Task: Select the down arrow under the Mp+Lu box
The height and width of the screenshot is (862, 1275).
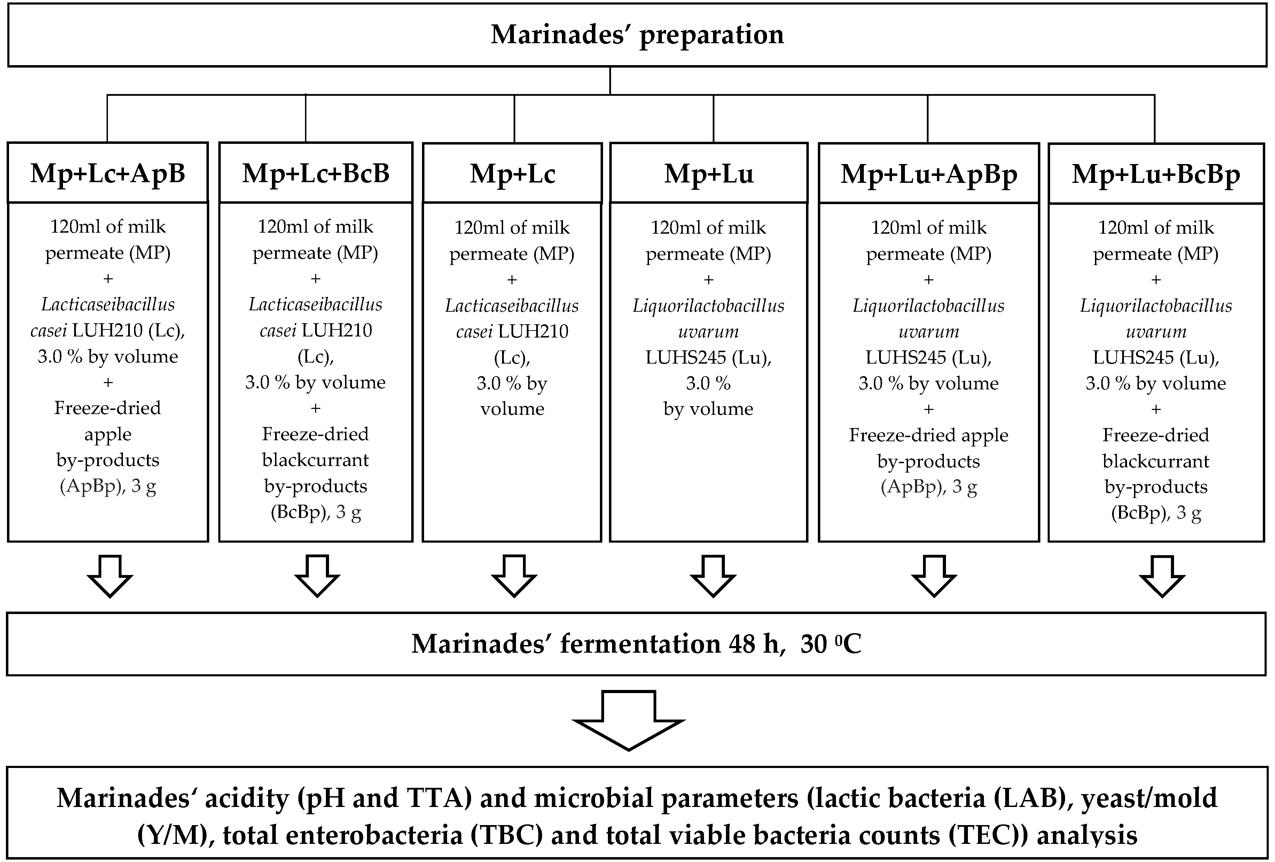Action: pos(713,576)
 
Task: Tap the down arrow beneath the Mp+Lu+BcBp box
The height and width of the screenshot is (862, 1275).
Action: pos(1161,576)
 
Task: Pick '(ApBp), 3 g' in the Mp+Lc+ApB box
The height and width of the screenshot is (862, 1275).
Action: pos(108,487)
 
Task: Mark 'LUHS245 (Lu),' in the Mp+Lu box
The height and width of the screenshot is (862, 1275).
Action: pos(708,358)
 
